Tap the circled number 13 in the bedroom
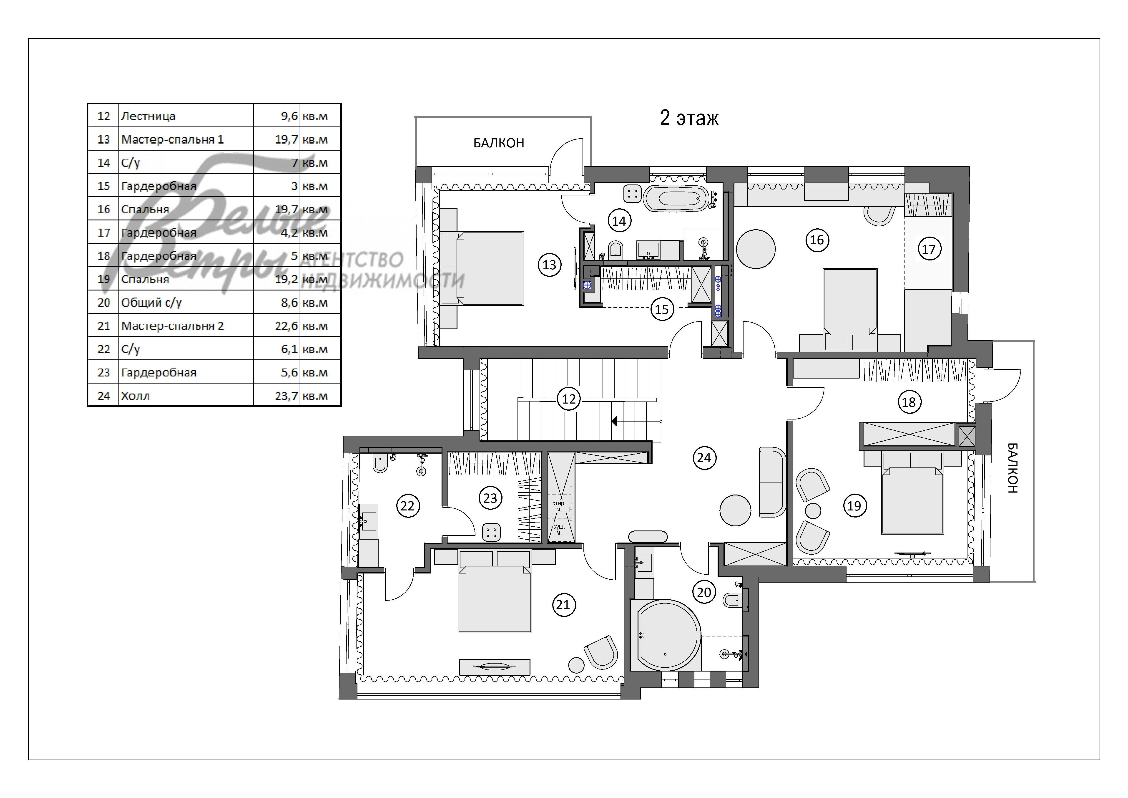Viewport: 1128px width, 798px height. (x=549, y=265)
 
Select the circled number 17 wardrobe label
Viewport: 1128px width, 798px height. (x=929, y=249)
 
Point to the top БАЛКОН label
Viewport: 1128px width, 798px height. (x=499, y=143)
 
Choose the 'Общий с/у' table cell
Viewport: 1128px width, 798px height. (x=152, y=303)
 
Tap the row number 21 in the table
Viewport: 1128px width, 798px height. (x=104, y=326)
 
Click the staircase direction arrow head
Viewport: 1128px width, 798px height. (x=615, y=421)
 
